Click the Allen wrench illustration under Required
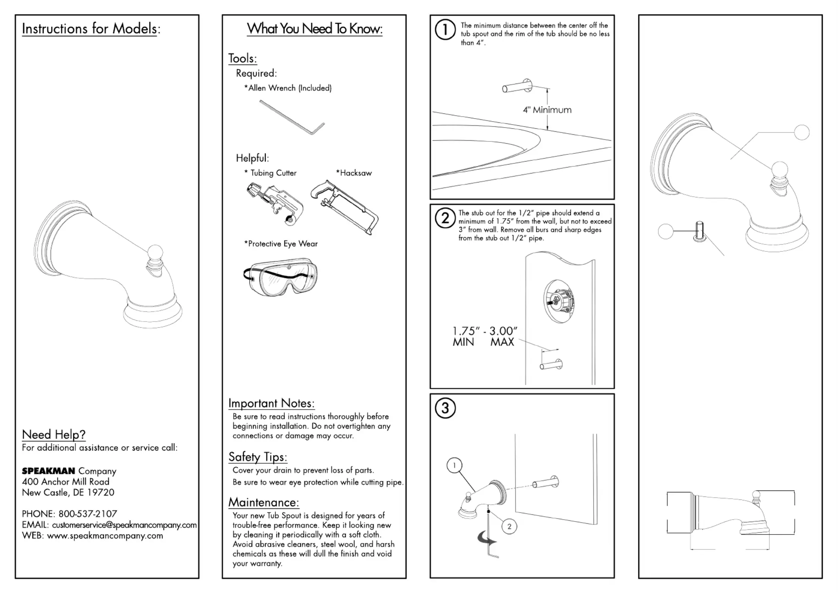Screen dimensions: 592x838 point(292,117)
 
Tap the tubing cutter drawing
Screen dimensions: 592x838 point(275,203)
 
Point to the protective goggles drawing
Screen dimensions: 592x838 point(281,276)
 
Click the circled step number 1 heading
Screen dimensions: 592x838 point(445,30)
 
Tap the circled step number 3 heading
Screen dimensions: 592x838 point(445,408)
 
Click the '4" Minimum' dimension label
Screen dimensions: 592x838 point(547,110)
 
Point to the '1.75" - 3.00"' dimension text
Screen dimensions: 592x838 point(485,331)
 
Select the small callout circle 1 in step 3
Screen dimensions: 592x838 point(454,465)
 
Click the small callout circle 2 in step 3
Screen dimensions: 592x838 point(509,526)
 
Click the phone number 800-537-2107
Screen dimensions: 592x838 point(88,514)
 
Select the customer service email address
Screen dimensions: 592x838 point(124,525)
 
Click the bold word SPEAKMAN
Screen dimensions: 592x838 point(49,471)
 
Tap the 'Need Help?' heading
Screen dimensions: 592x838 point(54,435)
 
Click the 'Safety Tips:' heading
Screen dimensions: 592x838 point(258,457)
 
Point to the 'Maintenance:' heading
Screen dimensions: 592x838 point(264,502)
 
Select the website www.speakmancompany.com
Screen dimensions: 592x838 point(105,536)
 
